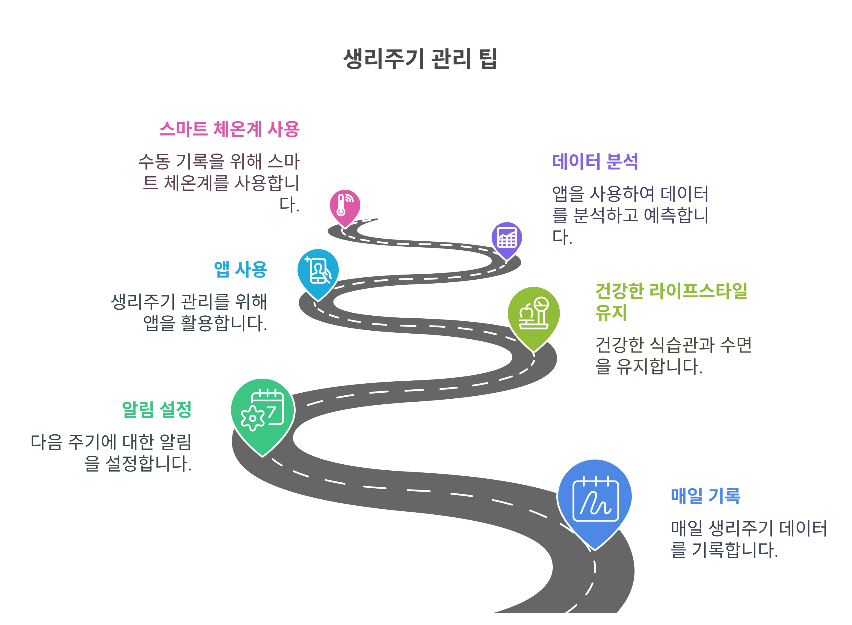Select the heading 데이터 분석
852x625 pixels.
coord(595,162)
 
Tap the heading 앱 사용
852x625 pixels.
coord(240,269)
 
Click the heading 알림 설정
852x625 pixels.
coord(156,409)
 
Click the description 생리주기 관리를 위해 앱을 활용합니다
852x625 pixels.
coord(189,312)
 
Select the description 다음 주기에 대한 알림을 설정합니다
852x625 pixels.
coord(111,452)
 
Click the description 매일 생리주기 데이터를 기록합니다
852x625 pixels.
coord(748,539)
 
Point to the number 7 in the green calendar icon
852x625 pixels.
coord(271,412)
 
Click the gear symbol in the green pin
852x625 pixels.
coord(253,419)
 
